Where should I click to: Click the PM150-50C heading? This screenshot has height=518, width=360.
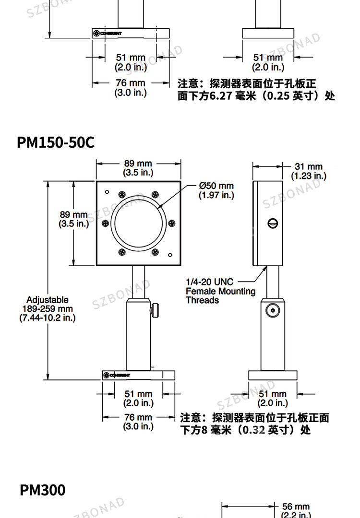(x=56, y=142)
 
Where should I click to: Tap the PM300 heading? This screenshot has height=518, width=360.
(x=43, y=490)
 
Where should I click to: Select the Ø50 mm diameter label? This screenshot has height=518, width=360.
(x=216, y=190)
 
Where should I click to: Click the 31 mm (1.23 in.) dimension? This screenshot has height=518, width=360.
(x=309, y=171)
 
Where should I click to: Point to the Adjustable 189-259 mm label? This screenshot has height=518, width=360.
(x=48, y=309)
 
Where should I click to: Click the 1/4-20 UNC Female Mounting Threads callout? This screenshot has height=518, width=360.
(x=220, y=291)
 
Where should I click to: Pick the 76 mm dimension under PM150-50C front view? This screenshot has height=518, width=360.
(x=138, y=422)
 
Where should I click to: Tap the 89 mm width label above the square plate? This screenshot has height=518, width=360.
(x=138, y=168)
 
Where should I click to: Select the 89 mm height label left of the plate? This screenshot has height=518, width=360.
(x=74, y=219)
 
